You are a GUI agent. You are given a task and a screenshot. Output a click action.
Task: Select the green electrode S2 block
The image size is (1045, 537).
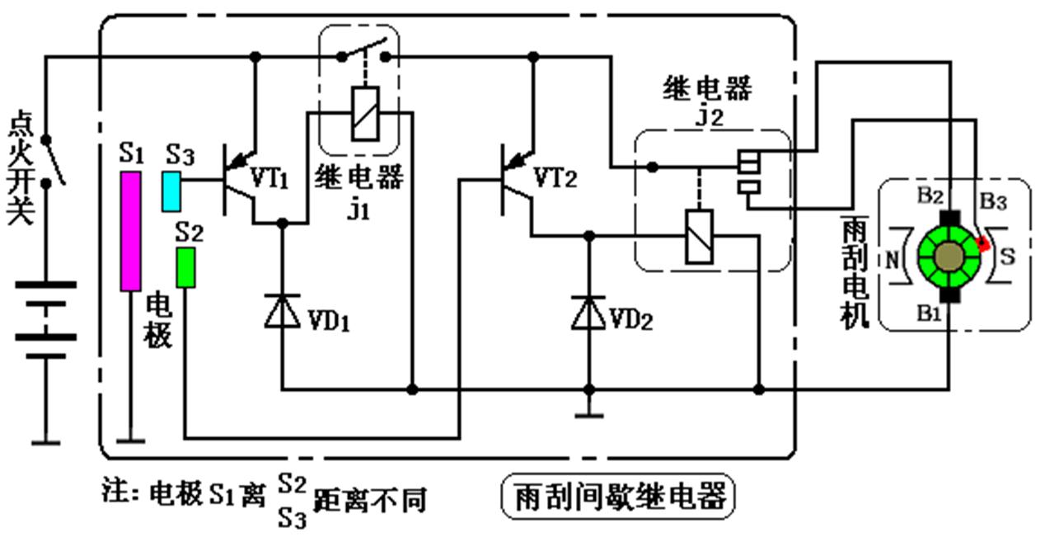pyautogui.click(x=186, y=267)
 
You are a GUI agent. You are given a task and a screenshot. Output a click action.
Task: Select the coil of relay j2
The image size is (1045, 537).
pyautogui.click(x=698, y=236)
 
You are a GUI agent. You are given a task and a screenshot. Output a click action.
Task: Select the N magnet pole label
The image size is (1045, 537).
pyautogui.click(x=893, y=257)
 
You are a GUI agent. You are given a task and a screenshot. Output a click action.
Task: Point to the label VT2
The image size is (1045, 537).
pyautogui.click(x=559, y=177)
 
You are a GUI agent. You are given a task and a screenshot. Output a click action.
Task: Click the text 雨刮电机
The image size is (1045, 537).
pyautogui.click(x=855, y=273)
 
